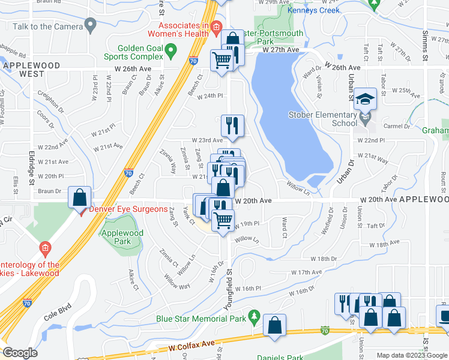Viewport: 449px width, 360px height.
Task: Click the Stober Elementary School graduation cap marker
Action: (x=365, y=98)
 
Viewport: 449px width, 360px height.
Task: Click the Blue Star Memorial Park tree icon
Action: (x=255, y=316)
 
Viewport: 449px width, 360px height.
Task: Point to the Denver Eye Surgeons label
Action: (x=128, y=209)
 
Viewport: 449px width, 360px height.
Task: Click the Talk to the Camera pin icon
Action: (x=91, y=25)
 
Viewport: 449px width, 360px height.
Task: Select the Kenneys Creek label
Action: (x=313, y=10)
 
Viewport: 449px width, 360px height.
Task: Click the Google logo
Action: (x=20, y=353)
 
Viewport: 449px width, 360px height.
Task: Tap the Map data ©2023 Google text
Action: (x=412, y=355)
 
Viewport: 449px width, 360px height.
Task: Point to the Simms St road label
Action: (x=425, y=45)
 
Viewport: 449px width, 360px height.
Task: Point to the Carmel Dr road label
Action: (x=397, y=127)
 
